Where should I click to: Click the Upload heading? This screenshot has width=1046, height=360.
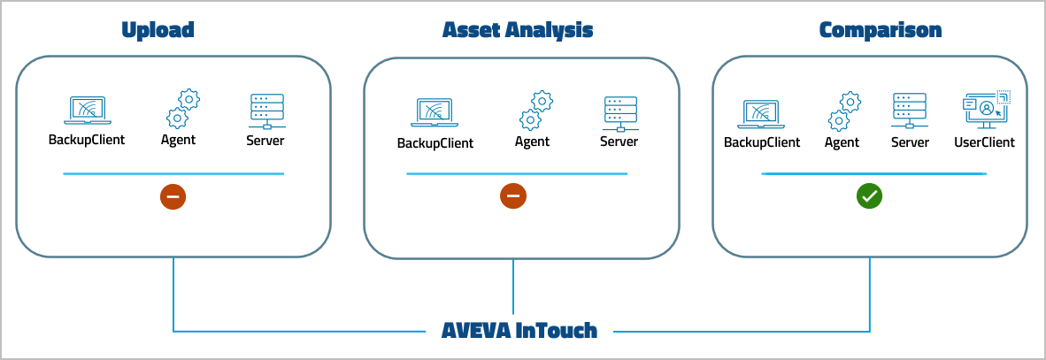click(x=158, y=30)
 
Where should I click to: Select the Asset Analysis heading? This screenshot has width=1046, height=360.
click(x=518, y=30)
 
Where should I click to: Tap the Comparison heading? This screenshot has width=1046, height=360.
click(x=880, y=30)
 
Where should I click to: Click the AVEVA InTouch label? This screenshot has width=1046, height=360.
click(x=519, y=332)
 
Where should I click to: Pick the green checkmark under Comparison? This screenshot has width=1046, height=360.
click(x=869, y=196)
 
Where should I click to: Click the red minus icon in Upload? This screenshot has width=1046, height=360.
click(x=173, y=196)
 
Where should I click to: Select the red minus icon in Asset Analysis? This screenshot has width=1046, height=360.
click(x=513, y=196)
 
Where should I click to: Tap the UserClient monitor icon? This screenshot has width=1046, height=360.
click(x=985, y=111)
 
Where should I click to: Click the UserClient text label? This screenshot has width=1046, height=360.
click(x=984, y=142)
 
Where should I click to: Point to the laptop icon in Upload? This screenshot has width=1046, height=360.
click(x=86, y=111)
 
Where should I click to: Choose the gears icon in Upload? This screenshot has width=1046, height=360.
click(x=182, y=109)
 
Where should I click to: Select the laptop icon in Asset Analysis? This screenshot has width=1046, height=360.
click(x=435, y=113)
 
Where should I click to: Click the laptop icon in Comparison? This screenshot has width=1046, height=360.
click(x=762, y=113)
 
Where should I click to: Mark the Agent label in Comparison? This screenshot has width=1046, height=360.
click(x=842, y=142)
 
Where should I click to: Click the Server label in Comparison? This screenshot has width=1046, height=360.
click(x=910, y=142)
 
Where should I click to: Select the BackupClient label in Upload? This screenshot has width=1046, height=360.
click(x=87, y=140)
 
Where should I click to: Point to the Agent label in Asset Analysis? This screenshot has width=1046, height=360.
click(x=533, y=142)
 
